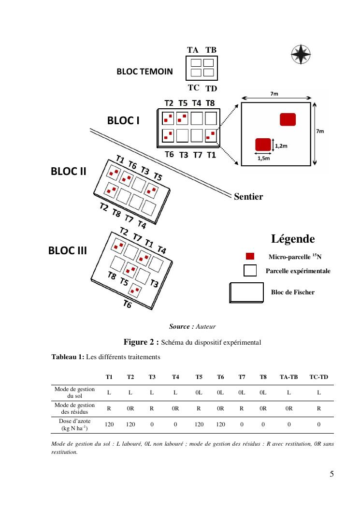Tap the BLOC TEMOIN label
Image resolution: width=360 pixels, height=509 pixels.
(144, 72)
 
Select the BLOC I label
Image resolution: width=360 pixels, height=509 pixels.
(123, 120)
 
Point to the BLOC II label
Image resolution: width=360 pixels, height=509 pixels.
(69, 172)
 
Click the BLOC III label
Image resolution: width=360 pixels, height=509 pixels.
(67, 251)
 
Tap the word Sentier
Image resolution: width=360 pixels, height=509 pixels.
(248, 197)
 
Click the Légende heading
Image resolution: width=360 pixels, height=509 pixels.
(293, 239)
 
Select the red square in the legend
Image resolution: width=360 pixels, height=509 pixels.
(250, 256)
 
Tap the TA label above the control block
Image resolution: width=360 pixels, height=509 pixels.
(192, 50)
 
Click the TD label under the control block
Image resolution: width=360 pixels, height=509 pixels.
(211, 89)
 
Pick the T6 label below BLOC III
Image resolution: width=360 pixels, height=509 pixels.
(127, 304)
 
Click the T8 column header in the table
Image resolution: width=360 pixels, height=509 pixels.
(263, 377)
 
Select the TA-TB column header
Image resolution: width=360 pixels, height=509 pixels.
(288, 377)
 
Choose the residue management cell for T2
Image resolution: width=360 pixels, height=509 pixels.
(130, 408)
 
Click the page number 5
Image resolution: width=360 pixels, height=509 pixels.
(331, 474)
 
